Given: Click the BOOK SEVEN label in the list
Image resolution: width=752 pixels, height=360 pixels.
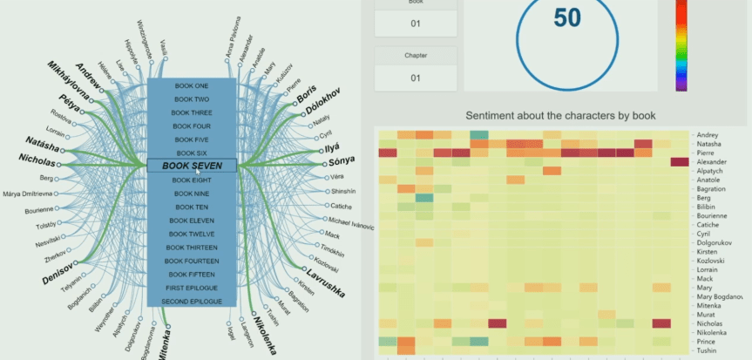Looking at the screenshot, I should tap(192, 166).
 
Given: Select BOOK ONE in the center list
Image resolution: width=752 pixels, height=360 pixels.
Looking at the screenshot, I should tap(192, 85).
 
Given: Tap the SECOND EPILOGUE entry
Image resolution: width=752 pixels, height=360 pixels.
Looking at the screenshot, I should tap(192, 301).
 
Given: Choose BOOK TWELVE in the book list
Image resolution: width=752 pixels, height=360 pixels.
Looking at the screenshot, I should tap(192, 234).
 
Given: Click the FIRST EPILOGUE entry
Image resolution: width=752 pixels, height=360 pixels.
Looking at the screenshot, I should tap(192, 288).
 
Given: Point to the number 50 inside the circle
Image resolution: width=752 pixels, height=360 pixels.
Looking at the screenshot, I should tap(567, 18).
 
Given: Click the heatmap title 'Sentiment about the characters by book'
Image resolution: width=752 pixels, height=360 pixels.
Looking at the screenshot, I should tap(560, 115).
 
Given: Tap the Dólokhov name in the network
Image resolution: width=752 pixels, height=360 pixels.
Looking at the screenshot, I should tap(325, 102).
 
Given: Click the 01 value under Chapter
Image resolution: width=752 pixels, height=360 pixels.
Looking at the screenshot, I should tap(416, 78).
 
